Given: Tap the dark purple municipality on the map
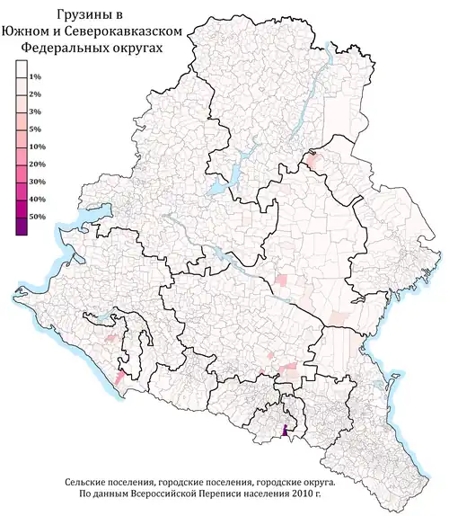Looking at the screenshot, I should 286,431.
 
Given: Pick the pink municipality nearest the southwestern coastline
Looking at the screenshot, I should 119,378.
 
